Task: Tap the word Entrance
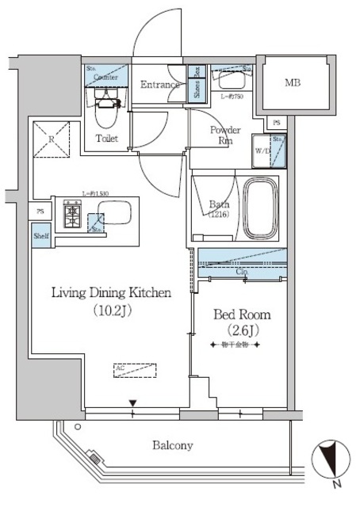(163, 84)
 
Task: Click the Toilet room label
(108, 139)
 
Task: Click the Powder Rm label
(227, 135)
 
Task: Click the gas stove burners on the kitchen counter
(73, 214)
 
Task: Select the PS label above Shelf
(40, 212)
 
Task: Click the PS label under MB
(275, 123)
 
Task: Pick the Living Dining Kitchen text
(111, 293)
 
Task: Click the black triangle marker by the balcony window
(133, 402)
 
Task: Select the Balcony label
(172, 446)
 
